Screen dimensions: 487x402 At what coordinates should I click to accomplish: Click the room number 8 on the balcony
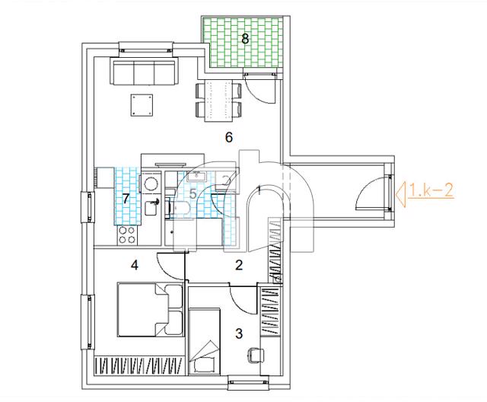[245, 39]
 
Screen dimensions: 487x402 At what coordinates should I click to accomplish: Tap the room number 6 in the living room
[229, 137]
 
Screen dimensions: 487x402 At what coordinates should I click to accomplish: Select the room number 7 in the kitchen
[126, 199]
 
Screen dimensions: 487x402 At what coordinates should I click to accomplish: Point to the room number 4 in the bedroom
[135, 265]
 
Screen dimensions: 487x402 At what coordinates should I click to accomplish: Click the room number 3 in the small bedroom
[239, 333]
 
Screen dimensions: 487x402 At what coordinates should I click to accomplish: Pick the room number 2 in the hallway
[239, 265]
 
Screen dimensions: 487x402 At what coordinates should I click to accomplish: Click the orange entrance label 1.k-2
[431, 190]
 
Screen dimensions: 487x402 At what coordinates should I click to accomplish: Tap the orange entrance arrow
[402, 194]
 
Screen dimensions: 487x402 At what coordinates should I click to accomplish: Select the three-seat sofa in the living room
[144, 72]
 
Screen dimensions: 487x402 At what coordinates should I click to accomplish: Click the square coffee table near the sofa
[142, 105]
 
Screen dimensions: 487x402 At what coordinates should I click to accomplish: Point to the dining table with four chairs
[219, 101]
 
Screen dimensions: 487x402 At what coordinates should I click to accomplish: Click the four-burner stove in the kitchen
[127, 235]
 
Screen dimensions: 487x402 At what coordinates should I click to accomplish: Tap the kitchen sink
[152, 208]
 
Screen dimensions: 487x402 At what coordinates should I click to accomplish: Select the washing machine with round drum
[151, 183]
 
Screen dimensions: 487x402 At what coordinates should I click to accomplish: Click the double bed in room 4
[151, 309]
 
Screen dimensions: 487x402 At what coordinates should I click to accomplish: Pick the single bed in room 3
[205, 342]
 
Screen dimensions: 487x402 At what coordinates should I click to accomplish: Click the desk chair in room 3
[256, 355]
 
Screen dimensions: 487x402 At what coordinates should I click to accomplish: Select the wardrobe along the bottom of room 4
[138, 365]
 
